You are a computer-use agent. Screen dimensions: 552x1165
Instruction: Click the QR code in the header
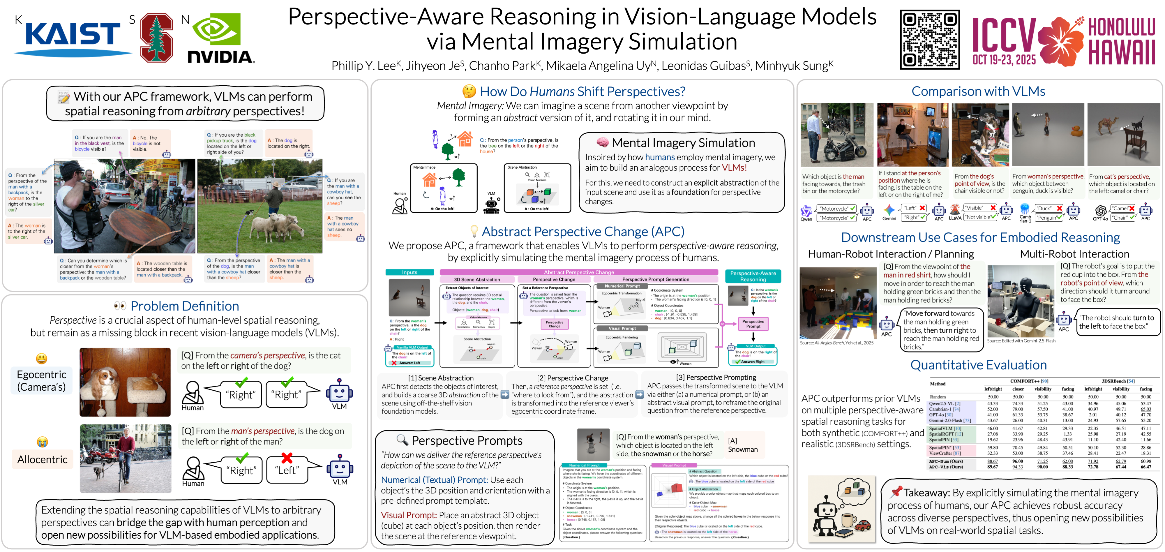(x=929, y=40)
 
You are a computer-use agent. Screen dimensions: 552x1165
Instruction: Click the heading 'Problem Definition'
(x=185, y=306)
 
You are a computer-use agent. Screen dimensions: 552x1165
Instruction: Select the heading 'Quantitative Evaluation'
(x=978, y=365)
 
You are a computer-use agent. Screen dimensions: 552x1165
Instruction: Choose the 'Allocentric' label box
(x=42, y=459)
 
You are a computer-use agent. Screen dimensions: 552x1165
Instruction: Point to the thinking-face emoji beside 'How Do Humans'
(x=469, y=91)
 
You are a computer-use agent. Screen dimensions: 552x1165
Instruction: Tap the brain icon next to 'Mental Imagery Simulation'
(x=602, y=142)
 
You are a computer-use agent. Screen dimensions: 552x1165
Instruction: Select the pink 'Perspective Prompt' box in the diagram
(x=753, y=324)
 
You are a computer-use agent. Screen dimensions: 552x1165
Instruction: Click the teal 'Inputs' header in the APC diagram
(x=409, y=272)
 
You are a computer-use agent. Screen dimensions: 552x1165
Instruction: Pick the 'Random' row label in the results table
(x=938, y=397)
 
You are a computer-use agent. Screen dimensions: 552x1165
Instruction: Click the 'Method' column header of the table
(x=938, y=384)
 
